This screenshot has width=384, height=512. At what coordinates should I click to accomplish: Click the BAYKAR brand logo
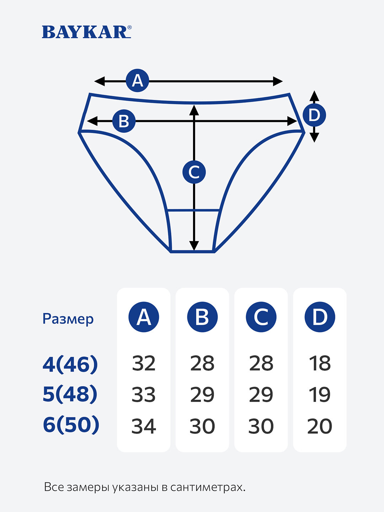click(86, 32)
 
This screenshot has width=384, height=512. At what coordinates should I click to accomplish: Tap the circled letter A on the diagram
click(137, 81)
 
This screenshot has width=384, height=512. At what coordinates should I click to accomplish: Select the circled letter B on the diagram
click(124, 121)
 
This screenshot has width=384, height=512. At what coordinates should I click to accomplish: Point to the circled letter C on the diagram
click(194, 172)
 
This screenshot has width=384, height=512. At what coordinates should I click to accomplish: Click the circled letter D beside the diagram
click(314, 115)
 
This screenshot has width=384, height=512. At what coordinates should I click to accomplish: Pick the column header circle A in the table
click(144, 317)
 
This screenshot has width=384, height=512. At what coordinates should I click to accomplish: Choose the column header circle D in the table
click(320, 317)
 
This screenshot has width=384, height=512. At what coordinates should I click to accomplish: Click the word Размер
click(68, 319)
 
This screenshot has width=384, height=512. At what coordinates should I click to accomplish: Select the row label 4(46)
click(70, 364)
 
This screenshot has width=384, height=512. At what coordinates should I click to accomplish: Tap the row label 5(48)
click(70, 394)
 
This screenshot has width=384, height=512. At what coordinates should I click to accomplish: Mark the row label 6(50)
click(71, 425)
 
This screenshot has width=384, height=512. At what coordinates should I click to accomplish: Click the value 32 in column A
click(144, 363)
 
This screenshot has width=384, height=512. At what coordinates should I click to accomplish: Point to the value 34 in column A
click(144, 426)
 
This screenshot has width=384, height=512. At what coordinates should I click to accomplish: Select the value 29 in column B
click(202, 395)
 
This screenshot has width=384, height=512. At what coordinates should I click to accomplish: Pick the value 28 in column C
click(261, 363)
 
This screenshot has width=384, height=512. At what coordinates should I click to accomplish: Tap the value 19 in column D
click(320, 395)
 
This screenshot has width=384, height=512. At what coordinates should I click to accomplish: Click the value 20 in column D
click(320, 426)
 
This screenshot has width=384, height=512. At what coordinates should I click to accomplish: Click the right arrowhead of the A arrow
click(278, 81)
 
